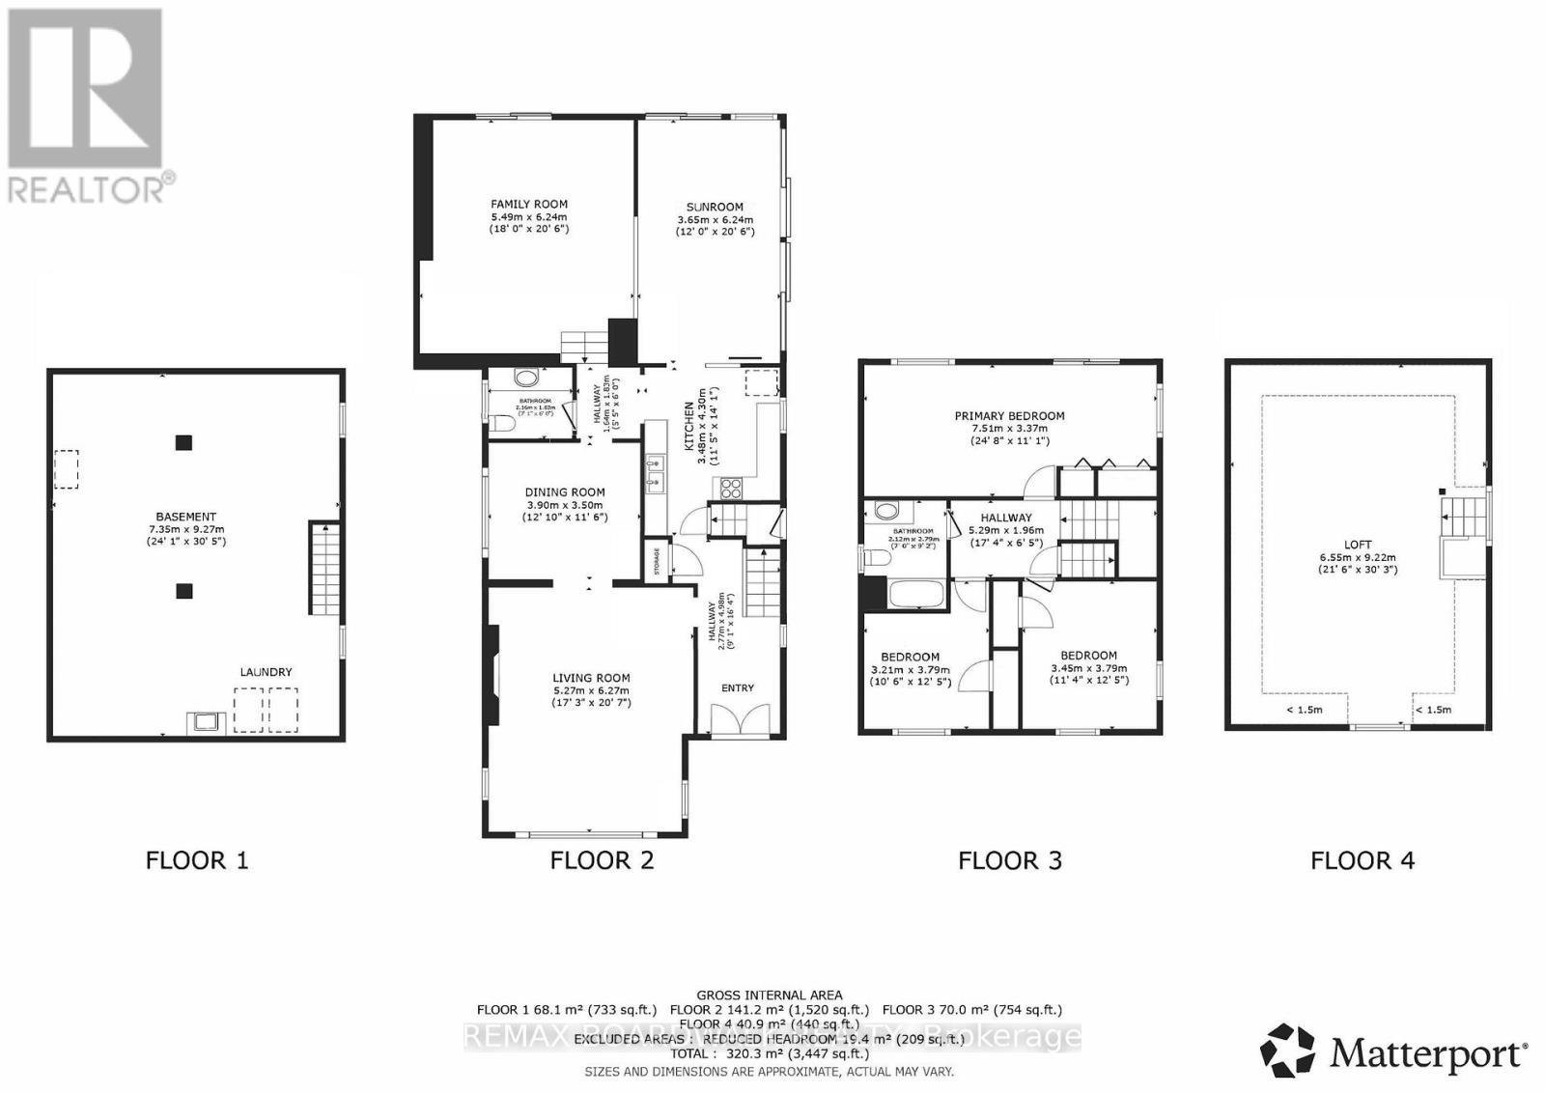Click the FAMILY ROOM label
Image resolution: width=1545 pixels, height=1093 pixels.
click(529, 204)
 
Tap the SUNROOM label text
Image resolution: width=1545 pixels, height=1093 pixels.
click(715, 207)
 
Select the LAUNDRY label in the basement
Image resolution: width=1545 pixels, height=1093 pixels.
click(266, 672)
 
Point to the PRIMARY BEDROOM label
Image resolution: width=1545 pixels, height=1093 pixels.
click(1009, 416)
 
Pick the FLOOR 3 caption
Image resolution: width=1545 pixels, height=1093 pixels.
click(1010, 860)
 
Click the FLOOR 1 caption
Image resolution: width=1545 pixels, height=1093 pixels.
click(197, 860)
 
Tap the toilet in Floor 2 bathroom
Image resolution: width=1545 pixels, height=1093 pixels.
click(502, 422)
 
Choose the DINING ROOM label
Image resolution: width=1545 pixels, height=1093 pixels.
click(565, 491)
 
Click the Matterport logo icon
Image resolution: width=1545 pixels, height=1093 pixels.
click(1288, 1051)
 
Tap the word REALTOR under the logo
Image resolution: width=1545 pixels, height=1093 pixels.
click(87, 188)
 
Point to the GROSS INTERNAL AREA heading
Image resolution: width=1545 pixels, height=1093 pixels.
click(769, 995)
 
